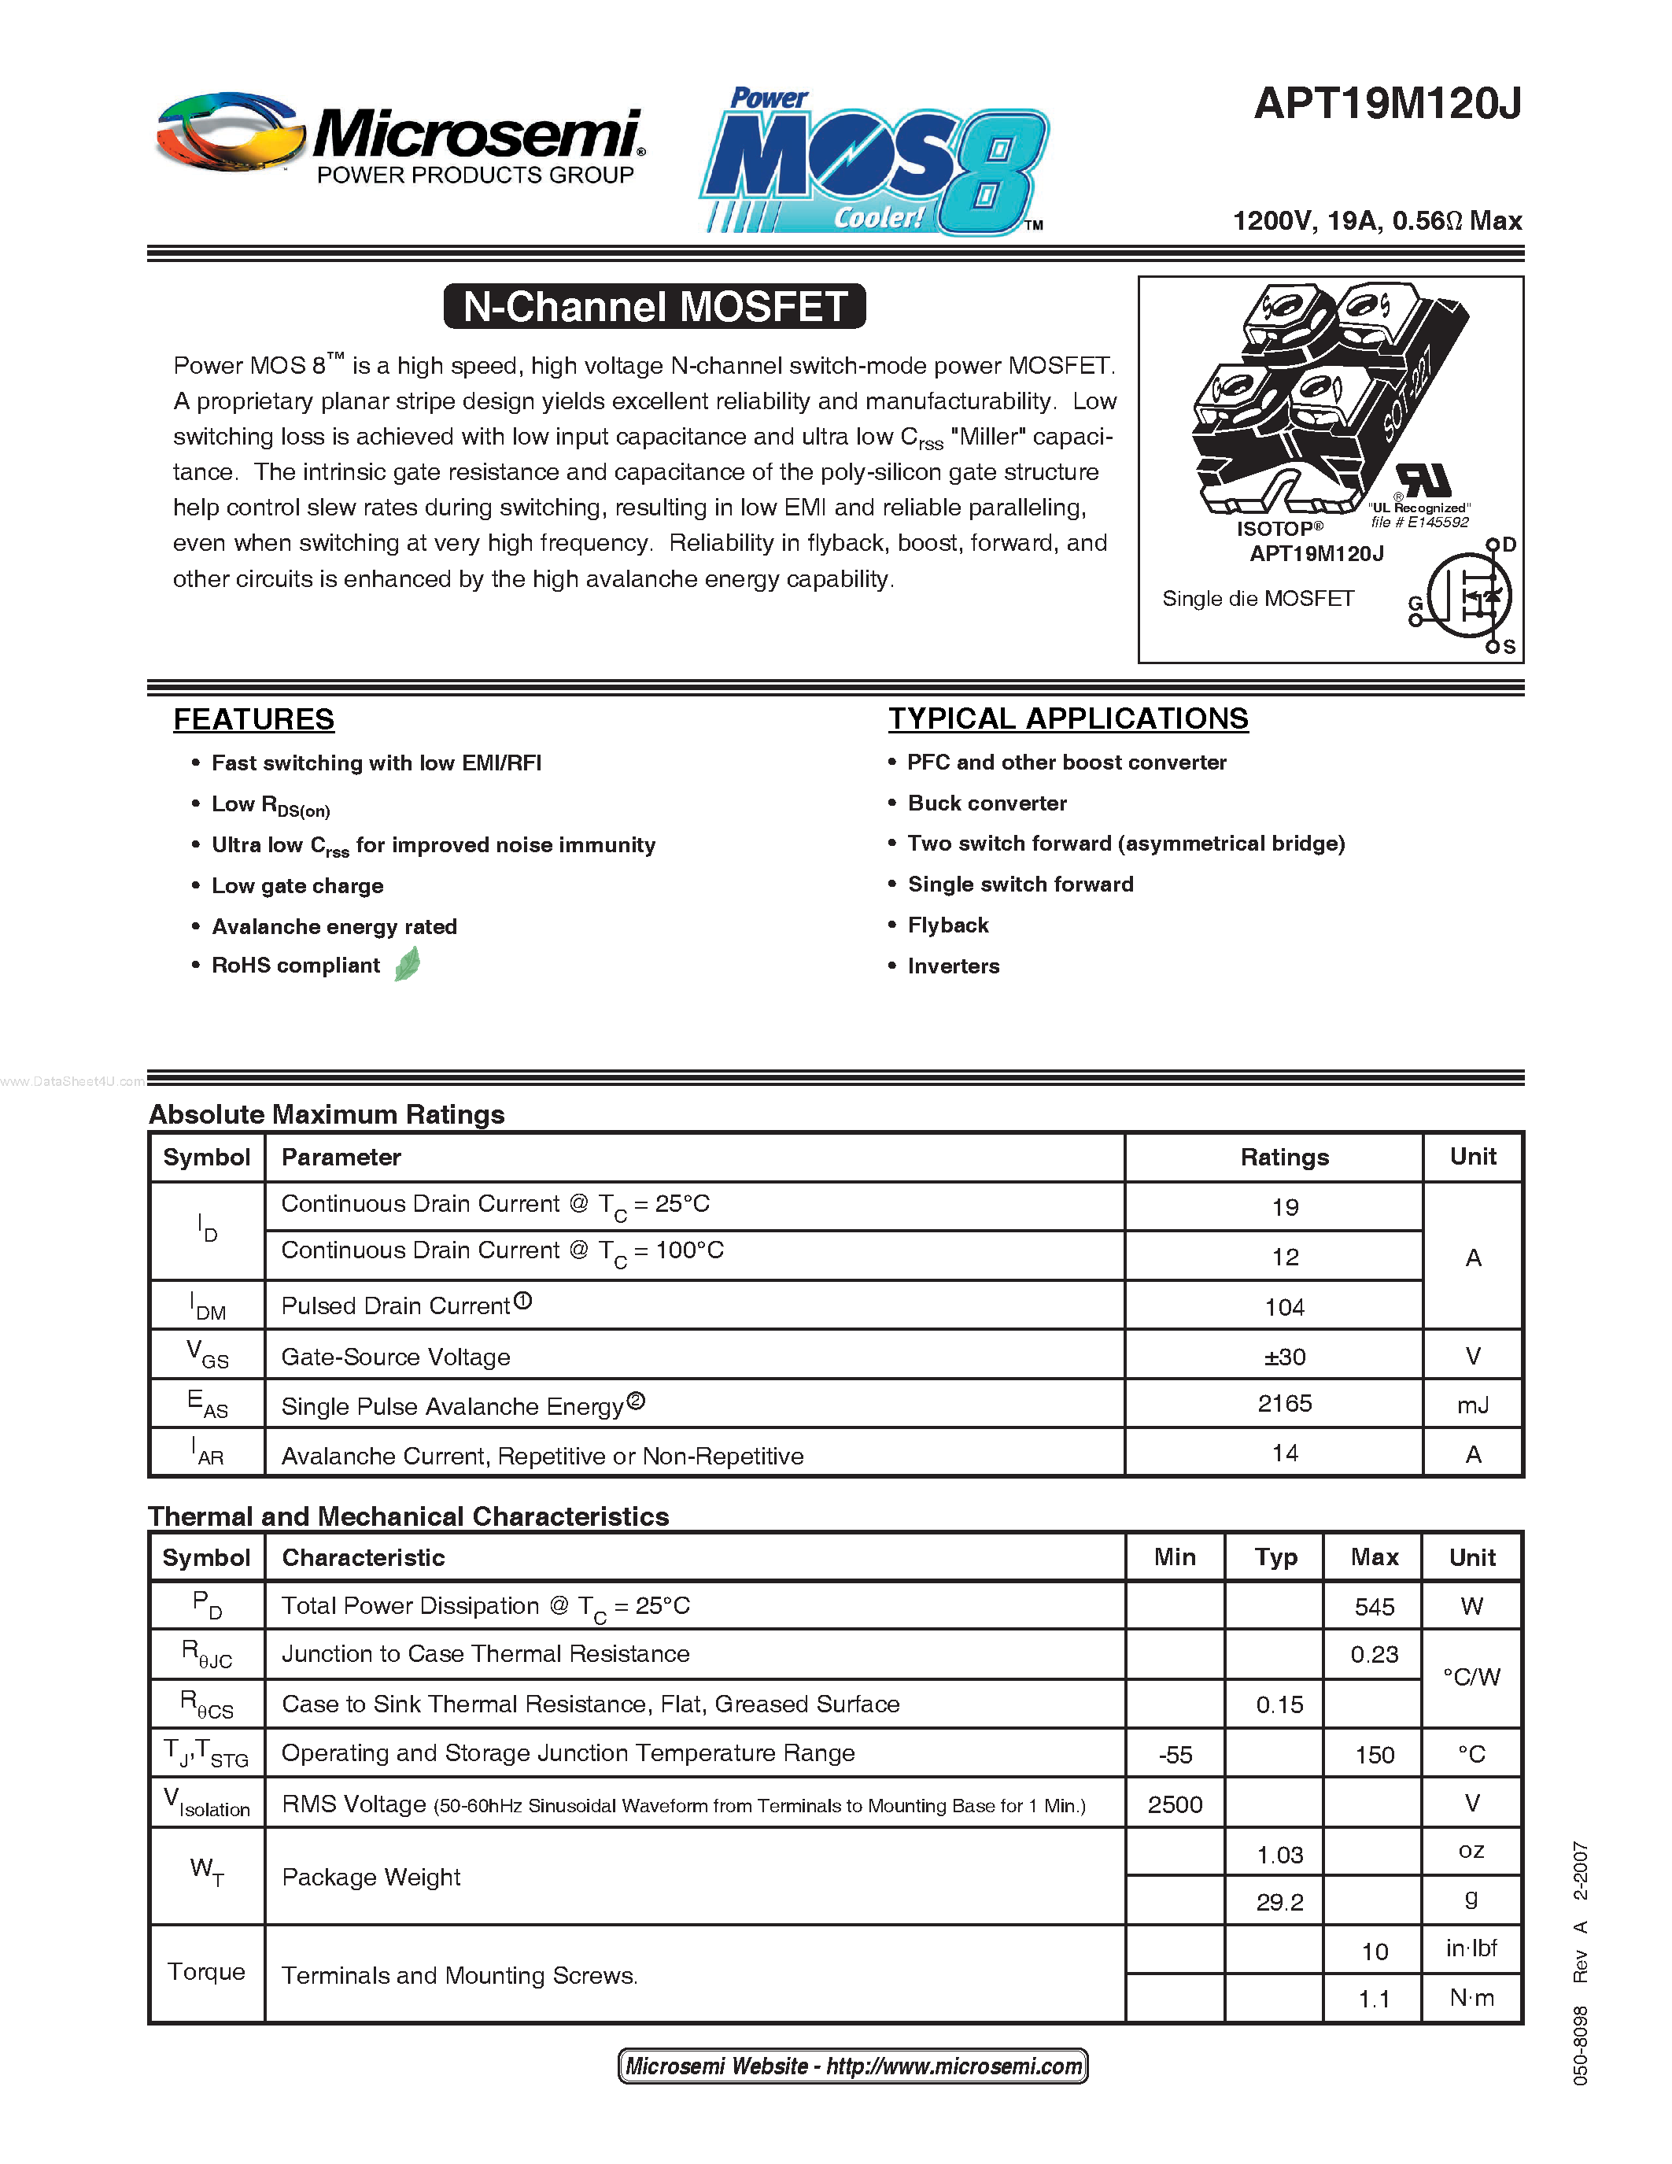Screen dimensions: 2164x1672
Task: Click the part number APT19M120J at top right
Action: pyautogui.click(x=1386, y=104)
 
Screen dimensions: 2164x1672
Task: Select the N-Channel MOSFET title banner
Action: pyautogui.click(x=655, y=306)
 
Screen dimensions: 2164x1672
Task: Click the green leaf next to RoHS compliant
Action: pyautogui.click(x=407, y=964)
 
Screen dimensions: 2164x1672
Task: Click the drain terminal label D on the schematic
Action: pyautogui.click(x=1508, y=545)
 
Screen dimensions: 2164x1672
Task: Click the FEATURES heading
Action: pyautogui.click(x=253, y=719)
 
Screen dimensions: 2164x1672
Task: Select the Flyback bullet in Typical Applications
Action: pyautogui.click(x=948, y=925)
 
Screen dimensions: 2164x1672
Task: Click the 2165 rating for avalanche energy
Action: pyautogui.click(x=1285, y=1404)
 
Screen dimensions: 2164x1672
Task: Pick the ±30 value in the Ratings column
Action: pyautogui.click(x=1285, y=1357)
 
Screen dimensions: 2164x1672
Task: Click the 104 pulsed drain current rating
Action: pyautogui.click(x=1285, y=1307)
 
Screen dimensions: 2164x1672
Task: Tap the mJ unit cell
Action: pyautogui.click(x=1473, y=1405)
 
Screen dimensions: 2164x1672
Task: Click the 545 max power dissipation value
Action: pyautogui.click(x=1374, y=1606)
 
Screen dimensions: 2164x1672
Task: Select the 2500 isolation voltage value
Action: pyautogui.click(x=1175, y=1804)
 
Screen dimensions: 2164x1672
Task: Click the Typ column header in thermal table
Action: pyautogui.click(x=1275, y=1557)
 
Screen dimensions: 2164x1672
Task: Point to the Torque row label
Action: pyautogui.click(x=206, y=1972)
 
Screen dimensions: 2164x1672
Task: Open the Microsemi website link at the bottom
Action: pyautogui.click(x=853, y=2066)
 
